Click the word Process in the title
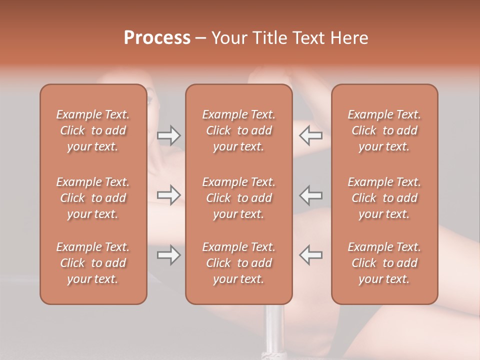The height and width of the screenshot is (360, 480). coord(157,38)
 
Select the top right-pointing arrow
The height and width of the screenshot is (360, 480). coord(169,135)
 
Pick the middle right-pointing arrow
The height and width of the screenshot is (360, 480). coord(169,195)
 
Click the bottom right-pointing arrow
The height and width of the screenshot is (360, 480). coord(169,255)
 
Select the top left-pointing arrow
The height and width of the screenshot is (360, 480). coord(311,135)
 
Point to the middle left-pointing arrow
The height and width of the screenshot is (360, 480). coord(311,195)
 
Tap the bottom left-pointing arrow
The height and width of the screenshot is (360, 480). coord(311,255)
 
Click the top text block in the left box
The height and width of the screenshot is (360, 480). coord(93,130)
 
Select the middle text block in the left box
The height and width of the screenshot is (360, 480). coord(93,198)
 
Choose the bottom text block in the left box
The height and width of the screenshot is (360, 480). coord(93,263)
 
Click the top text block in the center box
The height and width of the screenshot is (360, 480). coord(238,130)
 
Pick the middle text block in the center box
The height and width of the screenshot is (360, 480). coord(238,198)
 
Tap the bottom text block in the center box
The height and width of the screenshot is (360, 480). coord(238,263)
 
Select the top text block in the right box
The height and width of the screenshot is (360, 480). coord(384,130)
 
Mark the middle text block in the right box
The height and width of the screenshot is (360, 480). coord(384,198)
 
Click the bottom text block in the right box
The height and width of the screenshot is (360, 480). coord(384,263)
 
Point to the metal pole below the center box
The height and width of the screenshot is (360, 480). coord(274,330)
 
